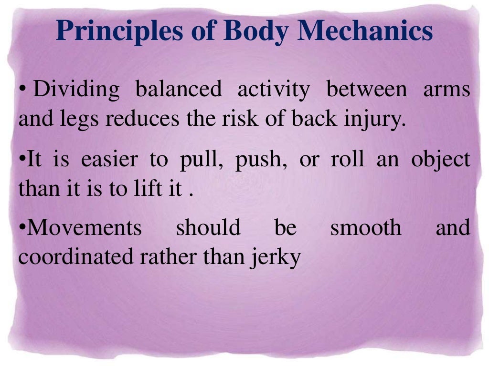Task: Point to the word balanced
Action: (x=179, y=90)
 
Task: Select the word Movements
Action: (x=84, y=228)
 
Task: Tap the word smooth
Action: (x=366, y=228)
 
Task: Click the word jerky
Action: (x=278, y=258)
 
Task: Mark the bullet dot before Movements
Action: (x=22, y=228)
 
